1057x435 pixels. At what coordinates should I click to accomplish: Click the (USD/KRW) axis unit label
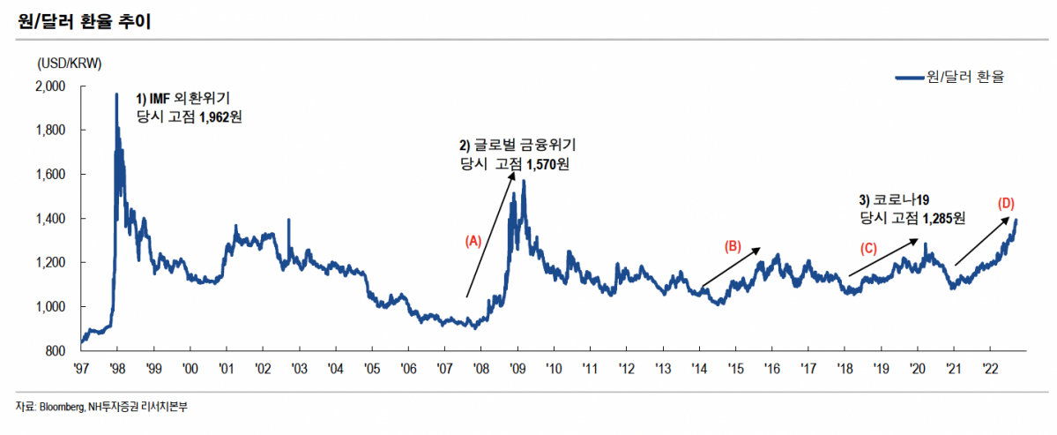click(x=70, y=64)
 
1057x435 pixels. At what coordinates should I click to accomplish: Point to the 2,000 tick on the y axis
click(x=51, y=86)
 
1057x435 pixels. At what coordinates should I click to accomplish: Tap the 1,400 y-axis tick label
click(x=51, y=219)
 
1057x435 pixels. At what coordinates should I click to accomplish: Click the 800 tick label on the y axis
click(x=56, y=351)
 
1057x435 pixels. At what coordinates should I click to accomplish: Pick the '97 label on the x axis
click(x=81, y=367)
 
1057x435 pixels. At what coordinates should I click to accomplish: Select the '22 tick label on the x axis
click(x=989, y=367)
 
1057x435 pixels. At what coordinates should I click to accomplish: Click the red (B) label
click(x=733, y=246)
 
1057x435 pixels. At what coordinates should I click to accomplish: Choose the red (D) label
click(x=1006, y=203)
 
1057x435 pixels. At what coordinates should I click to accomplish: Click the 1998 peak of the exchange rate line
click(x=116, y=94)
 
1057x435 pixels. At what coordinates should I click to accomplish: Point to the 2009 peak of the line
click(x=524, y=181)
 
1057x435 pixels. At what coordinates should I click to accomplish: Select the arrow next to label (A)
click(x=490, y=234)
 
